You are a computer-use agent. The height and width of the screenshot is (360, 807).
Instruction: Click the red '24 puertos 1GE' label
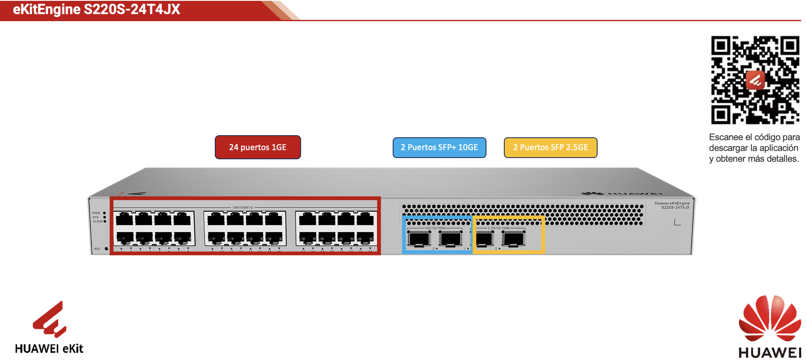258,147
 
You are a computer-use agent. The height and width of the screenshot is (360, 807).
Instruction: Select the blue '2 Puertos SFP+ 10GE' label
439,148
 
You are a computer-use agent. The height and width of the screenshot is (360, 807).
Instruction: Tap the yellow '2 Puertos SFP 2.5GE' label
550,148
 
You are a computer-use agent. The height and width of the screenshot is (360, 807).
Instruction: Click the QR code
755,80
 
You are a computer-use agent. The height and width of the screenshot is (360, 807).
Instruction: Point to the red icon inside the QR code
755,80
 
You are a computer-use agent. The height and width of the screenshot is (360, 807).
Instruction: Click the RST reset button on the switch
107,249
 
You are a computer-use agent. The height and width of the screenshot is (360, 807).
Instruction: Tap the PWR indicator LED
105,213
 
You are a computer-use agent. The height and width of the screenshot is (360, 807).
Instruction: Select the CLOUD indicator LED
105,221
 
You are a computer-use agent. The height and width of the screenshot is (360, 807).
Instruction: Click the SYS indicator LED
105,217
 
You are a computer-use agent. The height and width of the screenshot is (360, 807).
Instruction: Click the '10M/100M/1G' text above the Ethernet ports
243,207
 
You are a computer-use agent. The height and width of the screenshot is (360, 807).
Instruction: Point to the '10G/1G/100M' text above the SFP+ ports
435,228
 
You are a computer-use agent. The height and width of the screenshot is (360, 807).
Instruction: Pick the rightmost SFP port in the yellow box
513,239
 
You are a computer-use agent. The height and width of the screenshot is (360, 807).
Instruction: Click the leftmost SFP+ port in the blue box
419,239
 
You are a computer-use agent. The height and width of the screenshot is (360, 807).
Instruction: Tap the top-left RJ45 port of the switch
124,219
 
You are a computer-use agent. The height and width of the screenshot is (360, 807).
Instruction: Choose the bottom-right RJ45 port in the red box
365,238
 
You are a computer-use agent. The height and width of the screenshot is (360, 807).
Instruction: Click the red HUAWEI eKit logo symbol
50,319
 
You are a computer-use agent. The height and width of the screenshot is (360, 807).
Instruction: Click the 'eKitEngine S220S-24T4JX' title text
97,9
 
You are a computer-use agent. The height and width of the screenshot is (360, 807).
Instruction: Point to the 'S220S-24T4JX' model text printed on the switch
675,207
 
